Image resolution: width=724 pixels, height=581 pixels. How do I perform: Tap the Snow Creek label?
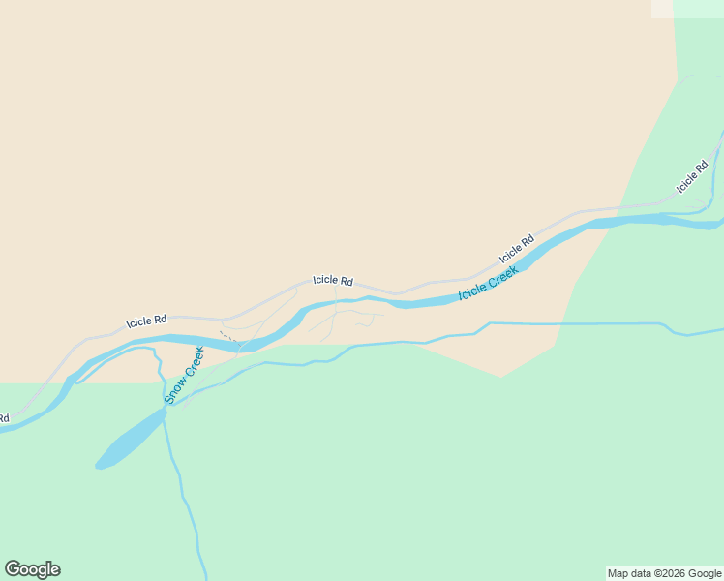(x=184, y=375)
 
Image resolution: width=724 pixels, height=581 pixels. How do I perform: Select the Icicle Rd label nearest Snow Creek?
(x=146, y=320)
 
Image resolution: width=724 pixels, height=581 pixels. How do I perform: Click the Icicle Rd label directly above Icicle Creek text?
(x=517, y=250)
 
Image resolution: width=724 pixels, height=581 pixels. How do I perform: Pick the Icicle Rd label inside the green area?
(x=693, y=175)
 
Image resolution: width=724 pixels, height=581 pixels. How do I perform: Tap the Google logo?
(x=32, y=569)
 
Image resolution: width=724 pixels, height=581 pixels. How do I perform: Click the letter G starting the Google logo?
(x=13, y=569)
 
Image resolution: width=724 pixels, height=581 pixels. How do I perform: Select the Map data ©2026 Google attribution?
(x=664, y=573)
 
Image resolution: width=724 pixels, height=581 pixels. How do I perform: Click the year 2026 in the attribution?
(x=672, y=573)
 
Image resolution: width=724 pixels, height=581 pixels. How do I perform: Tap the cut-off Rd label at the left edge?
(x=4, y=418)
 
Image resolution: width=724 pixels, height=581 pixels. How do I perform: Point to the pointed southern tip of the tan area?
(x=500, y=376)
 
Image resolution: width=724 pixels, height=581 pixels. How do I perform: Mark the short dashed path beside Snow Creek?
(x=230, y=338)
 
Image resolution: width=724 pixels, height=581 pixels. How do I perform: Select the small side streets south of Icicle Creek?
(x=348, y=318)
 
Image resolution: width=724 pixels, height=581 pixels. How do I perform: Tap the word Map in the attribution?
(x=618, y=573)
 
